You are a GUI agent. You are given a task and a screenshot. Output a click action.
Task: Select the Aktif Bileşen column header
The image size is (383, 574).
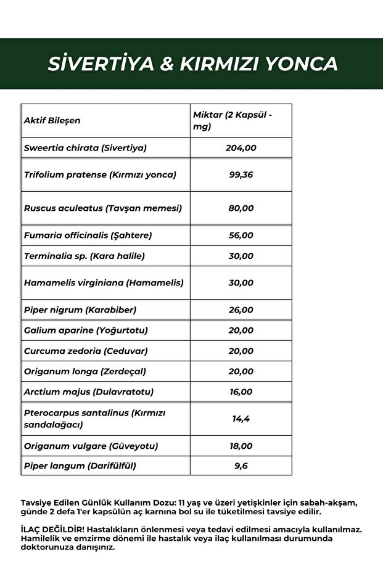point(52,121)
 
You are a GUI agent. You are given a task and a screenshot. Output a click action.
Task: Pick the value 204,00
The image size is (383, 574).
point(241,148)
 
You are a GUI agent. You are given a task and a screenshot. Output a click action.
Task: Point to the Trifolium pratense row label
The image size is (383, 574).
point(100,174)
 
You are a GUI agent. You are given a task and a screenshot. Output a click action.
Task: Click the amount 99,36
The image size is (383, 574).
point(241,174)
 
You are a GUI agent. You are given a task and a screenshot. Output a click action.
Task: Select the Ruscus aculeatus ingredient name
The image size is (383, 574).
point(103,208)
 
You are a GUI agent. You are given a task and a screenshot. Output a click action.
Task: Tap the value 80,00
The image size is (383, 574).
point(241,208)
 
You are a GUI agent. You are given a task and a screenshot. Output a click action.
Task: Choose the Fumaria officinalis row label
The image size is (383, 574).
point(88,235)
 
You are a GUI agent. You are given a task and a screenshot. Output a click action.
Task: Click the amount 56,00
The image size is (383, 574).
point(241,235)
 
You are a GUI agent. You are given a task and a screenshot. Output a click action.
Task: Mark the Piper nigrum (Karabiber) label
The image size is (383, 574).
point(80,310)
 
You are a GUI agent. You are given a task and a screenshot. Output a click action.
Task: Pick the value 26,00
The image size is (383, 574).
point(241,310)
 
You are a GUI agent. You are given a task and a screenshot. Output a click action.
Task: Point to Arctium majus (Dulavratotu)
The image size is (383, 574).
point(89,392)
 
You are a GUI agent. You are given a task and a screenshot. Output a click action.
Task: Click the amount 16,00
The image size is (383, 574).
point(241,392)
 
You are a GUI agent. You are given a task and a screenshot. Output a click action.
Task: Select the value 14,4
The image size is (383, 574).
point(241,419)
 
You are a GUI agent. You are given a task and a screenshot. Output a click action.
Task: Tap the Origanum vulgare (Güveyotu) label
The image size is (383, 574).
point(91,446)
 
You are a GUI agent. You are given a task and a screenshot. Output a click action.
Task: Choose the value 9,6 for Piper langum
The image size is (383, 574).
point(241,466)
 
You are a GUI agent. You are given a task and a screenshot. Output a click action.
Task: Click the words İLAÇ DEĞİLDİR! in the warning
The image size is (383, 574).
point(52,530)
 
